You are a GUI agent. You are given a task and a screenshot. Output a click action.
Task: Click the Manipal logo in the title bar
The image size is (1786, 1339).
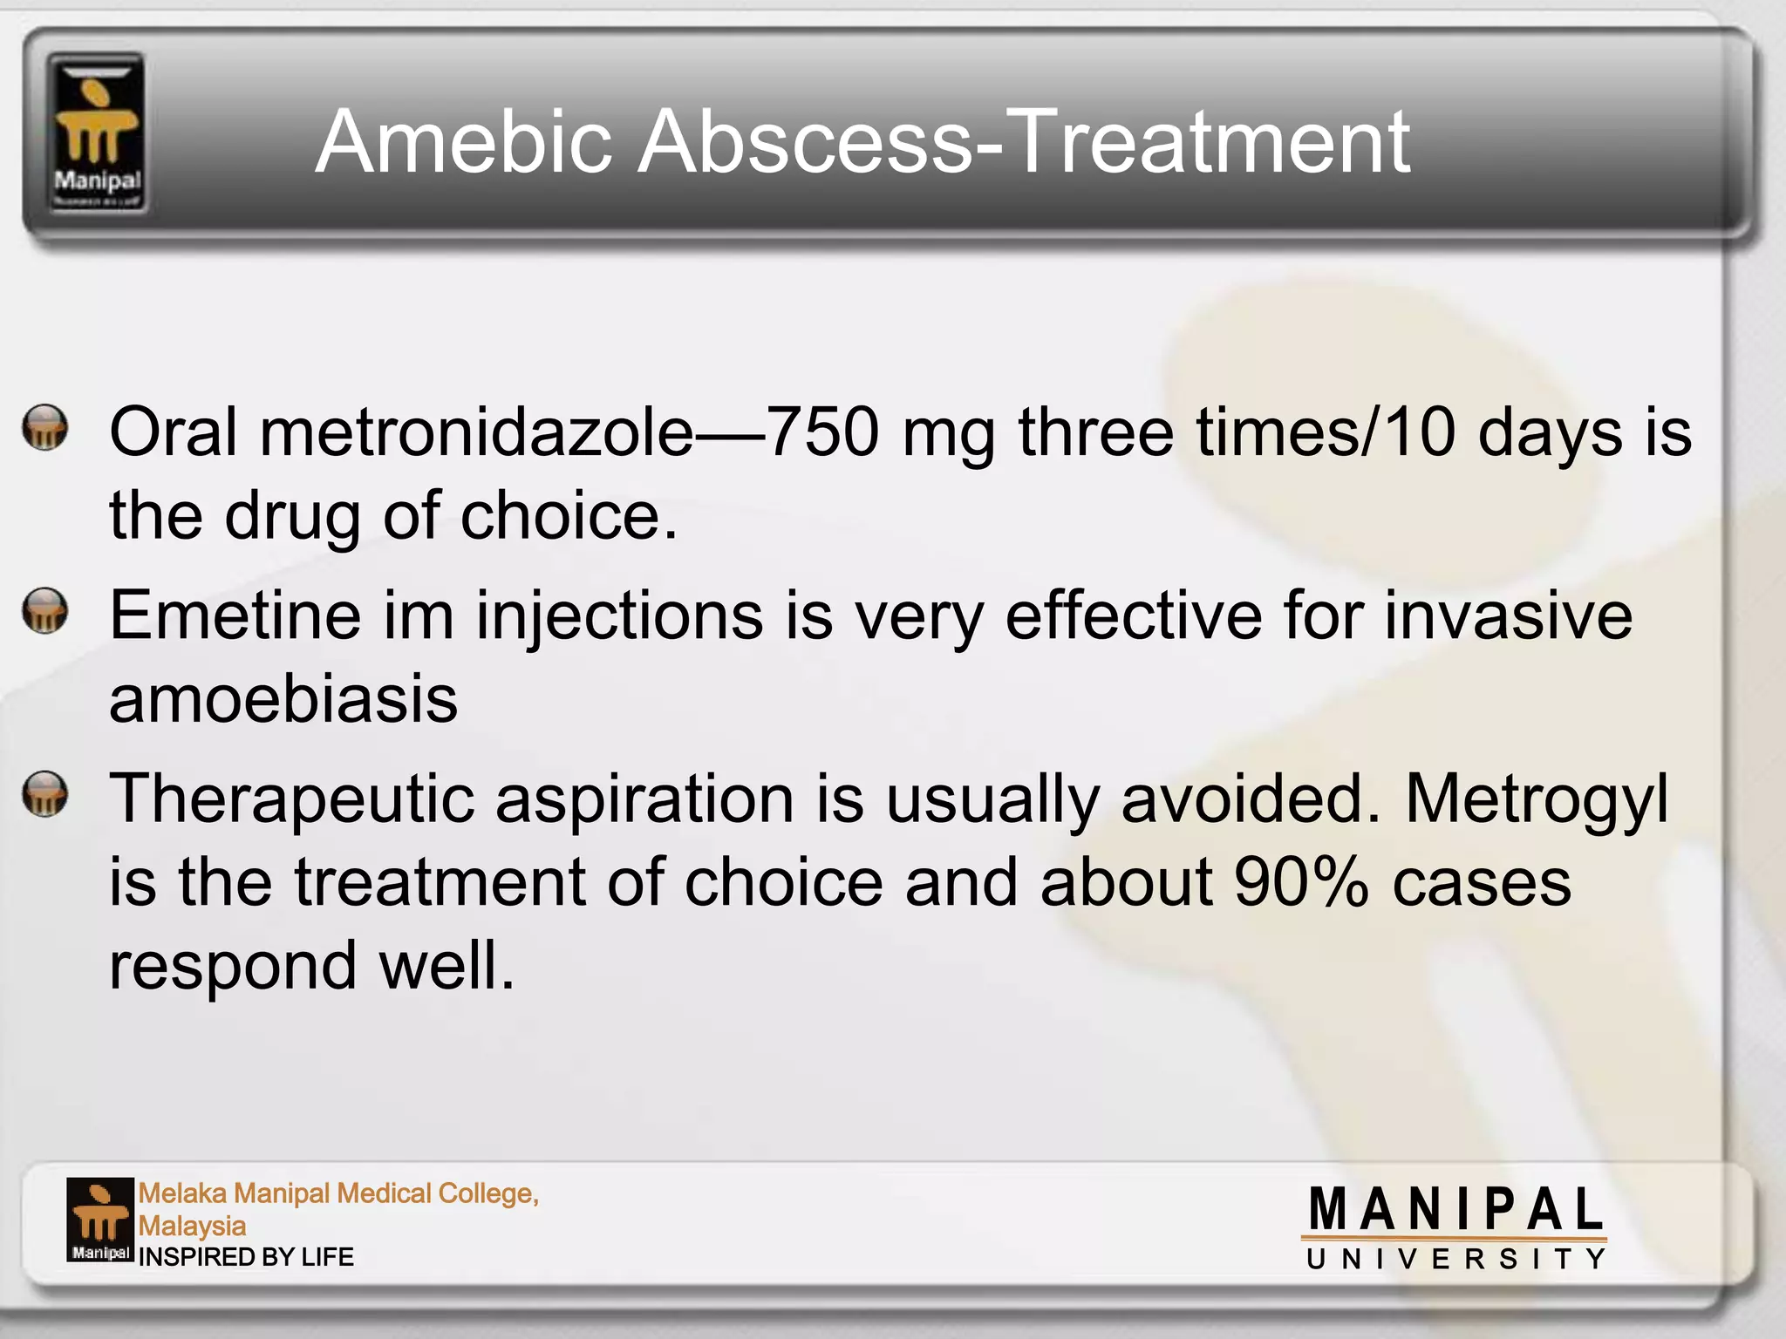pos(96,133)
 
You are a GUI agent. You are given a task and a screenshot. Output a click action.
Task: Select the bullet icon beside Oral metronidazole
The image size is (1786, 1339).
pos(45,428)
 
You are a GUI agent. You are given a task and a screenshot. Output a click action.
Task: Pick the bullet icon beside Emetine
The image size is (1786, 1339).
pos(45,610)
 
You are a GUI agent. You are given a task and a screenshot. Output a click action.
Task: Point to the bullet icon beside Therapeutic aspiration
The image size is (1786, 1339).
pos(45,793)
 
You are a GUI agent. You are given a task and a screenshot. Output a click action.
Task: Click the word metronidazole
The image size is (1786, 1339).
pos(476,432)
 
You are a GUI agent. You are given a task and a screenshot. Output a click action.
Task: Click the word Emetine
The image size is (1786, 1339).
pos(235,615)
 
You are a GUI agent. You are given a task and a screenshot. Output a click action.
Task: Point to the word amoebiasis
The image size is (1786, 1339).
pos(283,699)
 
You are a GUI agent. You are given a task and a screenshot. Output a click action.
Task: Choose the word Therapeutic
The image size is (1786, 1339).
pos(292,800)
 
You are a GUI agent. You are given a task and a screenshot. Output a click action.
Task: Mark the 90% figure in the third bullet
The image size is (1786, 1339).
pos(1300,882)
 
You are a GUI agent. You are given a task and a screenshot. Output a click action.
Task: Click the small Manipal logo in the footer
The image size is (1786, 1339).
pos(100,1220)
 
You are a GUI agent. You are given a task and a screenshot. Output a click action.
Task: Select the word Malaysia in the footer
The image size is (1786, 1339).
pos(192,1226)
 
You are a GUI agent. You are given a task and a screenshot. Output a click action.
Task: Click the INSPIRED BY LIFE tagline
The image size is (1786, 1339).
pos(246,1257)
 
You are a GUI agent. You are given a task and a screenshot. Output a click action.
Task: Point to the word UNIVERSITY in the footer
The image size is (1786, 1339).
pos(1455,1259)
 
